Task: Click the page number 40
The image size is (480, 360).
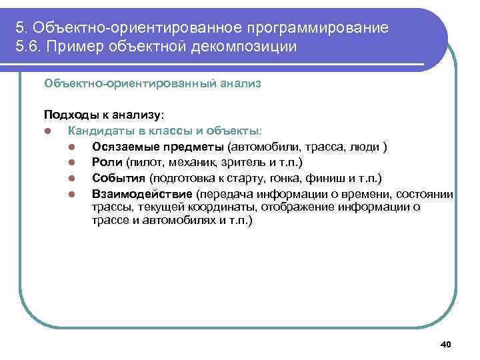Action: pyautogui.click(x=446, y=344)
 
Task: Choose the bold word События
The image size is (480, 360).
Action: pyautogui.click(x=119, y=178)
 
